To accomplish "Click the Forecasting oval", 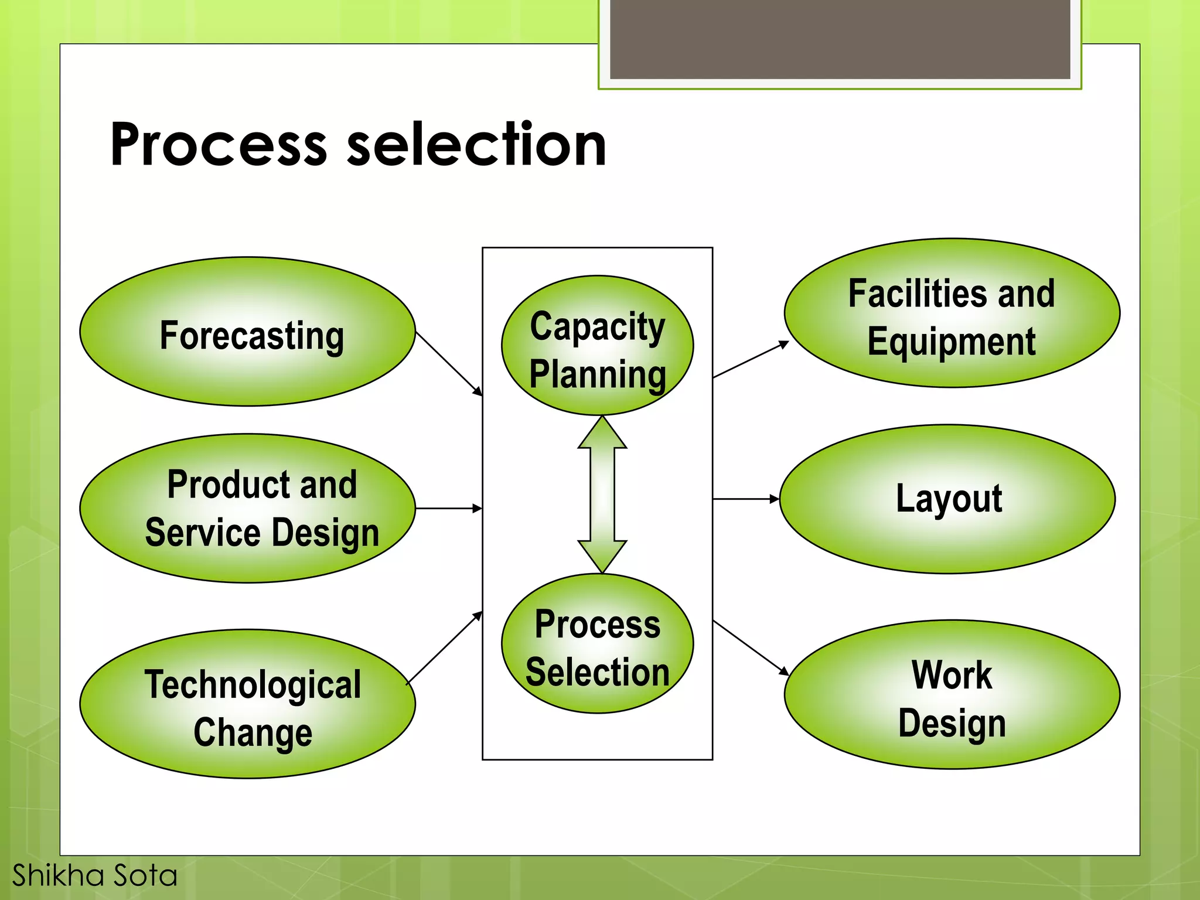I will [247, 332].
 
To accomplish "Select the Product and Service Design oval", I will [247, 508].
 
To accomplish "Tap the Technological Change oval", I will [247, 704].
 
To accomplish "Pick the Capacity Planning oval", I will [597, 346].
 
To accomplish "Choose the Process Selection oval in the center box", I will [597, 643].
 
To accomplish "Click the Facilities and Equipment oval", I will [952, 313].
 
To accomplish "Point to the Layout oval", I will [947, 499].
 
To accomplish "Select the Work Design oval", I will [952, 694].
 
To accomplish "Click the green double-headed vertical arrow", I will [602, 495].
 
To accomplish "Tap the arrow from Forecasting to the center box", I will [449, 364].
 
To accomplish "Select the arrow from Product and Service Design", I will [448, 508].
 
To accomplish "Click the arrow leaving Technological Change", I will [444, 647].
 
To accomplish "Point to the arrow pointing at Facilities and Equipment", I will [751, 360].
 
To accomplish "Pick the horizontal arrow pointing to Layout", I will [745, 499].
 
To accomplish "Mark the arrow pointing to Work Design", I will [751, 647].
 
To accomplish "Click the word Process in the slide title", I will [218, 145].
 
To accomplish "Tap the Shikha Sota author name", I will [94, 875].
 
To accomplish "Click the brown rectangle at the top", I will [840, 39].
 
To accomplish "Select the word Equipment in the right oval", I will [952, 342].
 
